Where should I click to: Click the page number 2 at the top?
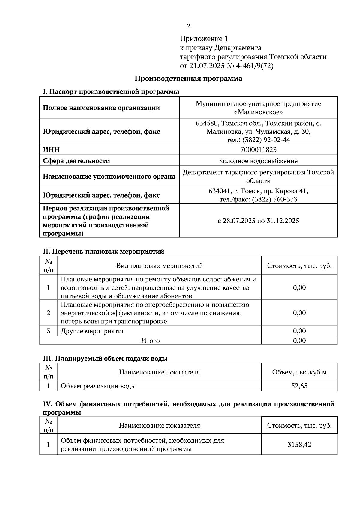coord(188,26)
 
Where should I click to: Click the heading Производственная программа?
coord(188,79)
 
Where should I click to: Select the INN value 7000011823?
coord(258,150)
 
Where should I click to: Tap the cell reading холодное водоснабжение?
coord(258,161)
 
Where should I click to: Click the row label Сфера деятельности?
coord(76,161)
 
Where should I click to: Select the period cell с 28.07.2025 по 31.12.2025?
coord(258,221)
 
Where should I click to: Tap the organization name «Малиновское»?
coord(258,112)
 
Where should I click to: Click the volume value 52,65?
coord(299,386)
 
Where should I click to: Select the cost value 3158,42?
coord(299,445)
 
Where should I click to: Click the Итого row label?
coord(150,341)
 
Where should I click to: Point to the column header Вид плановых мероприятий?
coord(159,266)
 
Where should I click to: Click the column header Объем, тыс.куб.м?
coord(299,372)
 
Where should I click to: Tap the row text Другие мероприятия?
coord(93,331)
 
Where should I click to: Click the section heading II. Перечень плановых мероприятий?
coord(103,252)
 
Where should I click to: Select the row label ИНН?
coord(51,150)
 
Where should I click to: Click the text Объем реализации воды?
coord(98,386)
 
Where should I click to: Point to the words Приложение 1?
coord(204,39)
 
